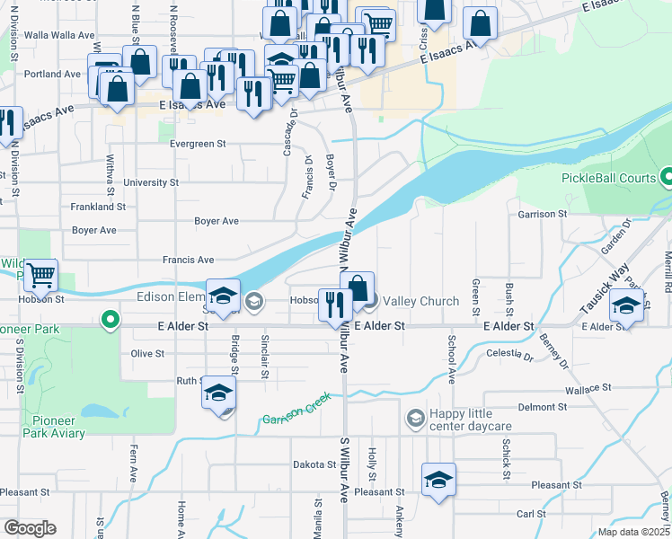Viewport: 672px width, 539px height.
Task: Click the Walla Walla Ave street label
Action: (60, 35)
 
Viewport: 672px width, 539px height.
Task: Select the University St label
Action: (150, 182)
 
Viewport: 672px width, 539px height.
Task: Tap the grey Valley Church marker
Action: (371, 302)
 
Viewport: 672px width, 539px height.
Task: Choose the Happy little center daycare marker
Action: (415, 418)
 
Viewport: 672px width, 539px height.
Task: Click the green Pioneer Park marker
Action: (111, 320)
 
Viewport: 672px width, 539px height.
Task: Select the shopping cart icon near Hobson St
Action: (40, 276)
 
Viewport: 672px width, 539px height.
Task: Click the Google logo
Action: (30, 528)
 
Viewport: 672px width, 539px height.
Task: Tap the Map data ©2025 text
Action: (633, 532)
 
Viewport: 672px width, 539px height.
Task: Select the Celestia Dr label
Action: (508, 357)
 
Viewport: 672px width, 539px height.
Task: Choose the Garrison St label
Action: (543, 214)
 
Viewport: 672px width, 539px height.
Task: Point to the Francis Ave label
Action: (189, 260)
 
